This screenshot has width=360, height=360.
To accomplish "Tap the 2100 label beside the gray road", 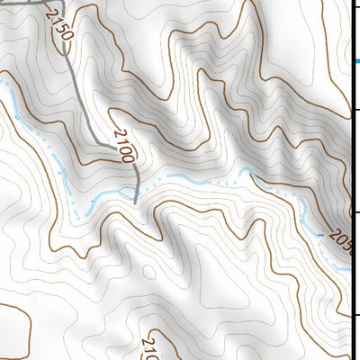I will click(124, 145).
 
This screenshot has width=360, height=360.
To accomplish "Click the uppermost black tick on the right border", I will click(355, 110).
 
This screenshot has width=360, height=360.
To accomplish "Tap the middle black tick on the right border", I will click(355, 212).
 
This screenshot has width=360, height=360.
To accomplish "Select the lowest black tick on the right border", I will click(355, 314).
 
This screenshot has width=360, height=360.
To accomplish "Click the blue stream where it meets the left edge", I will click(2, 81).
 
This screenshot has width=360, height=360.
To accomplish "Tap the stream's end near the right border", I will click(346, 266).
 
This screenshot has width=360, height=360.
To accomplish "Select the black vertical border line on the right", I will click(349, 180).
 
